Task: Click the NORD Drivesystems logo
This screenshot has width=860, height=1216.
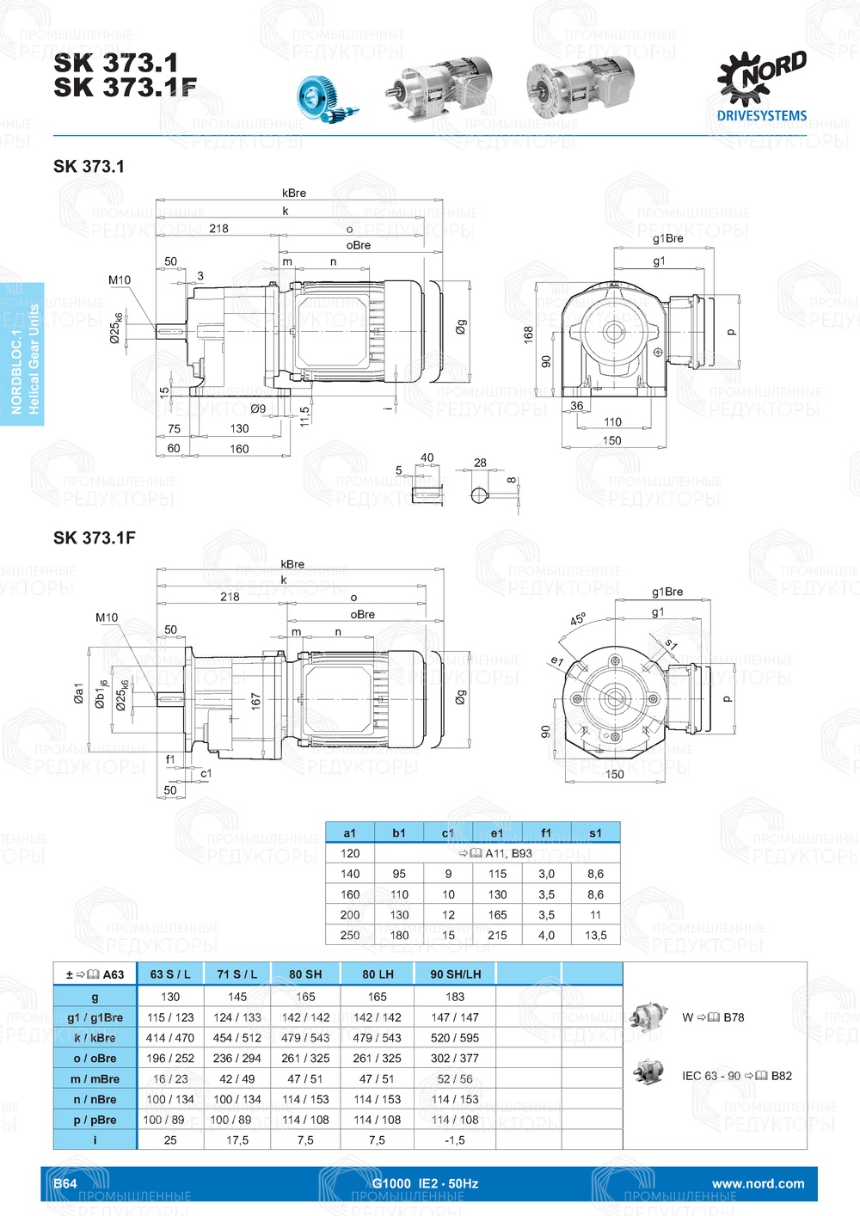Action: [762, 86]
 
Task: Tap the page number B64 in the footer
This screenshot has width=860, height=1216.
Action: [65, 1183]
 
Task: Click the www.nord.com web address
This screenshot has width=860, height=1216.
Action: [758, 1183]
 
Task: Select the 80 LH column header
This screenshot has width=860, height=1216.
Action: [378, 974]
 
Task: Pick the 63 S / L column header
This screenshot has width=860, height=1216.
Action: [170, 974]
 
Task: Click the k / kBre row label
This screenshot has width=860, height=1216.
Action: [95, 1038]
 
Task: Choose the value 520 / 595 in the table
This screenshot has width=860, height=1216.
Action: [455, 1038]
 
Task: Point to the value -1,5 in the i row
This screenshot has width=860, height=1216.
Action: [455, 1140]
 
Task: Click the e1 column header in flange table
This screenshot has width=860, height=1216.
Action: [497, 832]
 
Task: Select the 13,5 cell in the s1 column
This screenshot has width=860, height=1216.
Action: [595, 935]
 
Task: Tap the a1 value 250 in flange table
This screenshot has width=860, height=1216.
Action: [350, 935]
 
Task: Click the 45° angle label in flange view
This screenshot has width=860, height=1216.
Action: [578, 619]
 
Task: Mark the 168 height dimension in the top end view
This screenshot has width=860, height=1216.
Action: [528, 334]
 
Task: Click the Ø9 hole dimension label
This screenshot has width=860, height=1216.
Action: [258, 408]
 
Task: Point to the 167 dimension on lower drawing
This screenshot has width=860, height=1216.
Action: [255, 701]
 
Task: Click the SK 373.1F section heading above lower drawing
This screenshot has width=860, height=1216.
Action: [95, 538]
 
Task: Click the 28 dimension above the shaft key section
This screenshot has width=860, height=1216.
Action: [480, 463]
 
